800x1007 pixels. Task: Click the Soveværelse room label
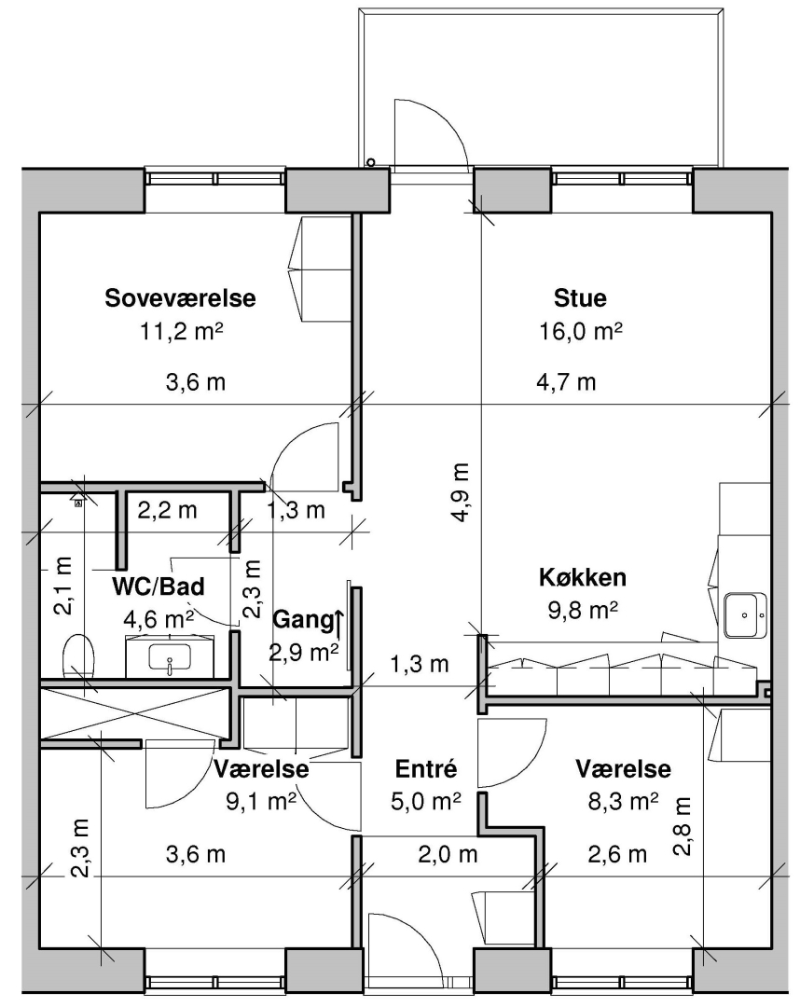pos(180,298)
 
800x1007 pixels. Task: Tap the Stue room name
pos(580,298)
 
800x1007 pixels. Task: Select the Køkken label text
pos(583,577)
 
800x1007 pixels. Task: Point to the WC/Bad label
pos(158,586)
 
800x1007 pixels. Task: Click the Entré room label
pos(426,768)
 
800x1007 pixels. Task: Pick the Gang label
pos(303,620)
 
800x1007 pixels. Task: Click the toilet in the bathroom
pos(79,655)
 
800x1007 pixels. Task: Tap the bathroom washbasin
pos(170,657)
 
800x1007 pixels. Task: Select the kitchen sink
pos(745,615)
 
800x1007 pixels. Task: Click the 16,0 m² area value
pos(580,331)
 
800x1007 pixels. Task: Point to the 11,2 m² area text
pos(181,331)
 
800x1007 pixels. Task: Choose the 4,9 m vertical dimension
pos(461,492)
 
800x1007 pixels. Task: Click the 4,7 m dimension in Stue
pos(566,383)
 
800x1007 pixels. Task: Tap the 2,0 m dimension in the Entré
pos(448,855)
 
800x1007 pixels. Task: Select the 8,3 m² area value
pos(623,802)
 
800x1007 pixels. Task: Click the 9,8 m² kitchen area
pos(583,610)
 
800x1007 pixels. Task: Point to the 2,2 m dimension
pos(167,511)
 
